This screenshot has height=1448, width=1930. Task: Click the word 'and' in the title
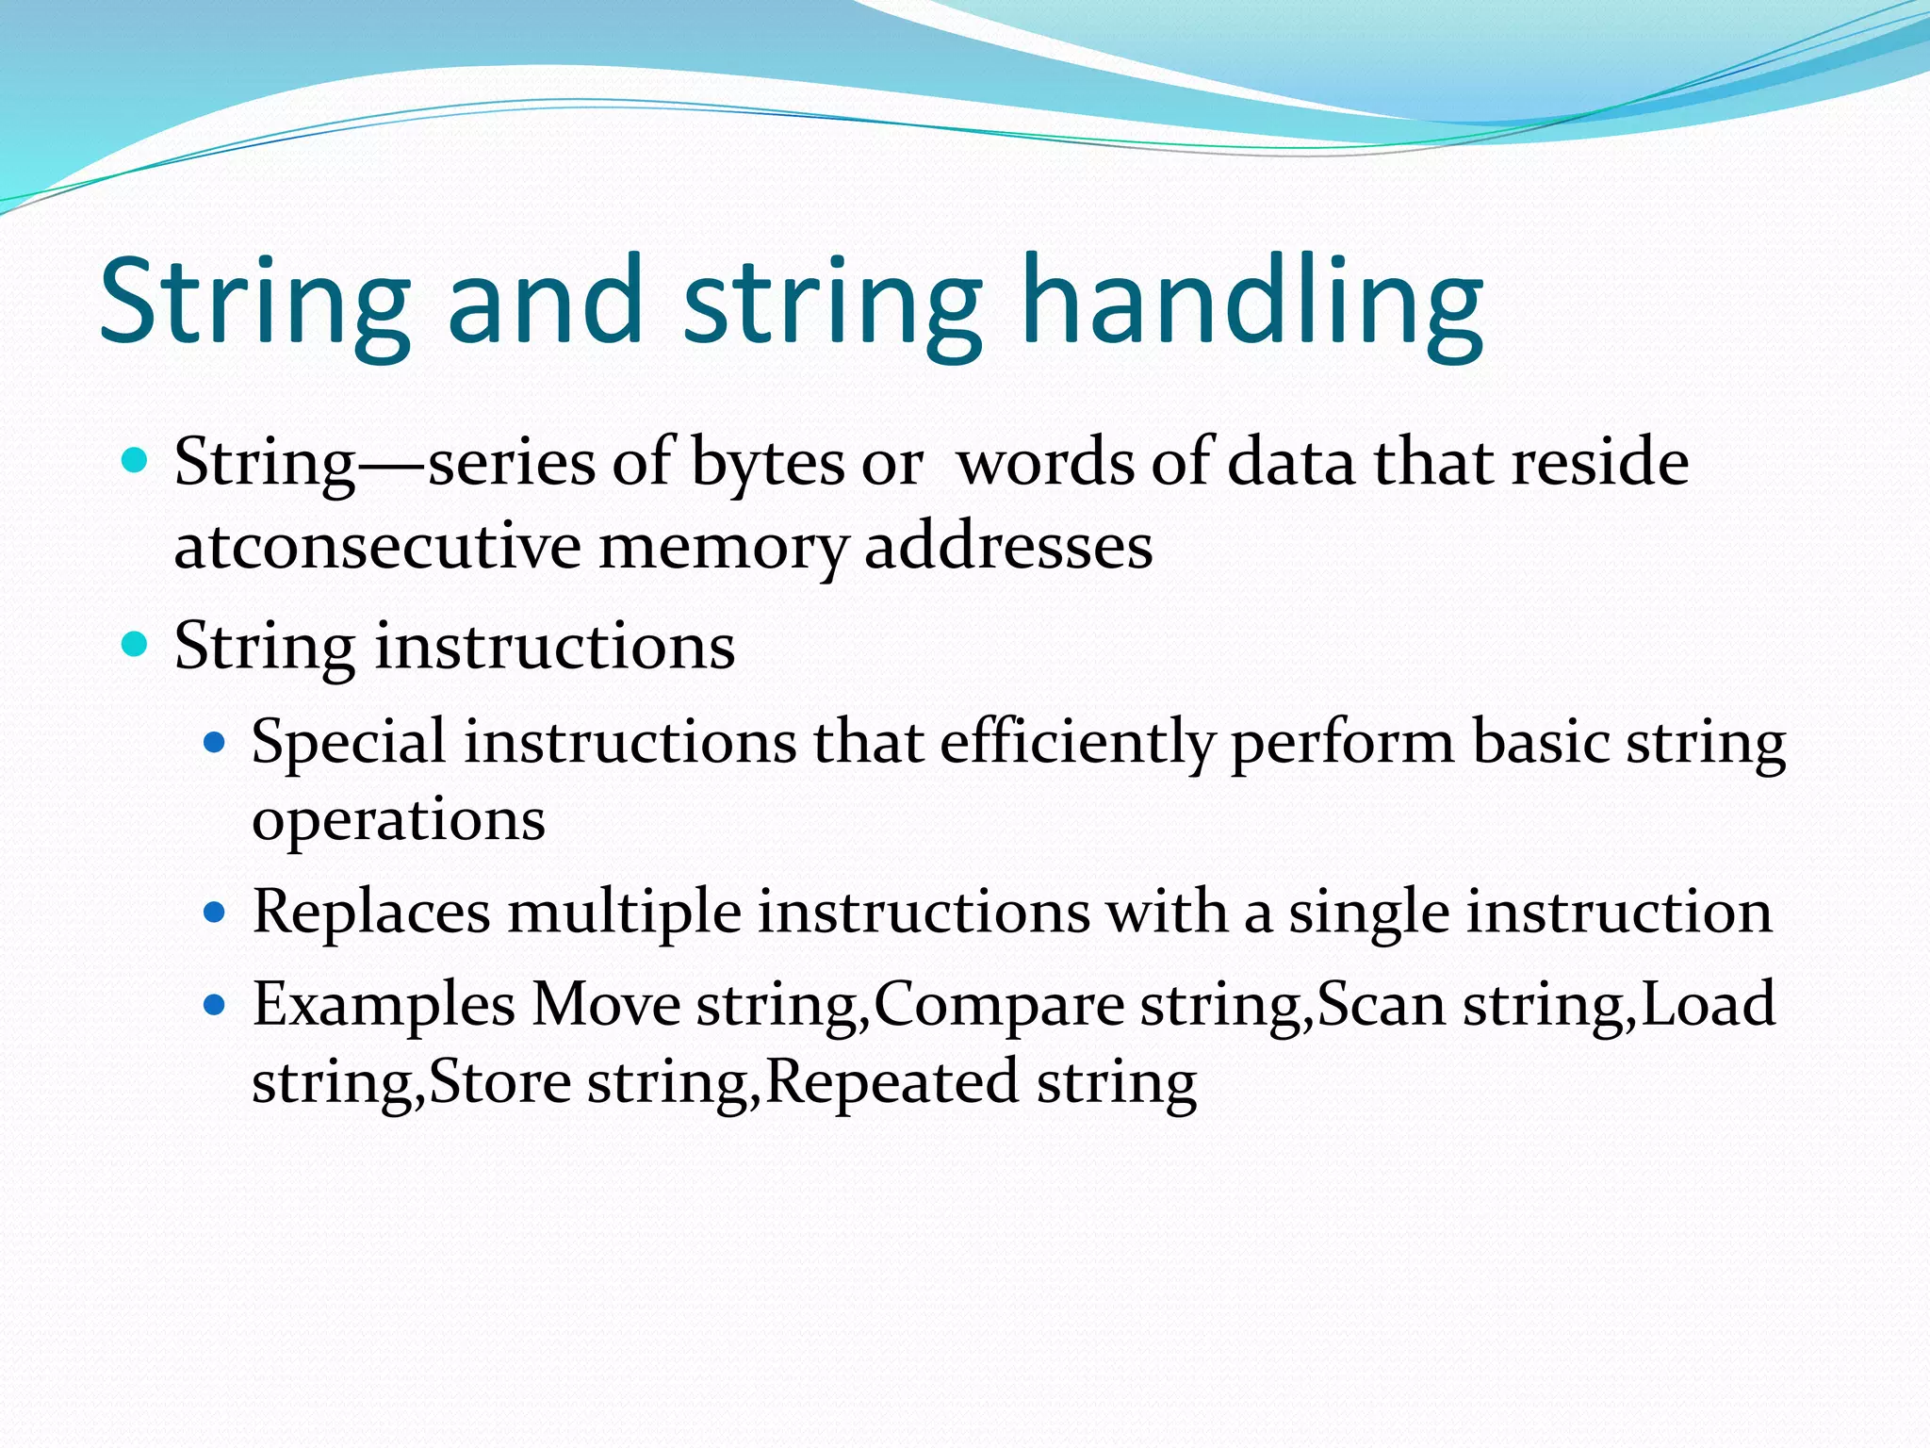coord(545,302)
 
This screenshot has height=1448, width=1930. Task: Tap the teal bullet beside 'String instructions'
coord(136,646)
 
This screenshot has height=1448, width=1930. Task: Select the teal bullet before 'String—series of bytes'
coord(136,461)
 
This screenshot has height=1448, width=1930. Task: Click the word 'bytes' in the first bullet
coord(767,464)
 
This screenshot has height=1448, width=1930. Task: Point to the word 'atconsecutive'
coord(377,547)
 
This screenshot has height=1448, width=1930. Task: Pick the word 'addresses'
coord(1008,547)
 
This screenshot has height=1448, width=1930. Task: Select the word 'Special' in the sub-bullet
coord(349,743)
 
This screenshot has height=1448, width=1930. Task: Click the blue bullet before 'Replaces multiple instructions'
coord(216,913)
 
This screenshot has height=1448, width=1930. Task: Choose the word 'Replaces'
coord(371,912)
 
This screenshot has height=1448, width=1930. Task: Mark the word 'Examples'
coord(384,1005)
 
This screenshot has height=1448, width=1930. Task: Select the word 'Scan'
coord(1381,1005)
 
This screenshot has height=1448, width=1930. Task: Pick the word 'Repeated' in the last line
coord(891,1082)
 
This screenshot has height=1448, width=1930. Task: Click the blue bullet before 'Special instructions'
coord(216,743)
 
